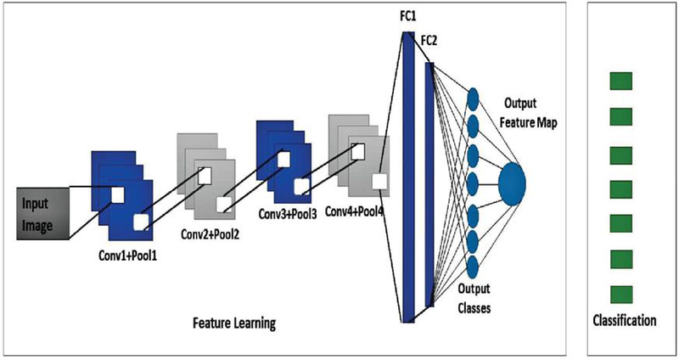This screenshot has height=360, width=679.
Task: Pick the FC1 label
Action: tap(408, 14)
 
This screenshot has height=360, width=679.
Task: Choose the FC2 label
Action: tap(430, 40)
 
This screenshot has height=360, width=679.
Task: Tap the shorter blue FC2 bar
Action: tap(429, 183)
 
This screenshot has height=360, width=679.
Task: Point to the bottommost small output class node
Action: tap(473, 265)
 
